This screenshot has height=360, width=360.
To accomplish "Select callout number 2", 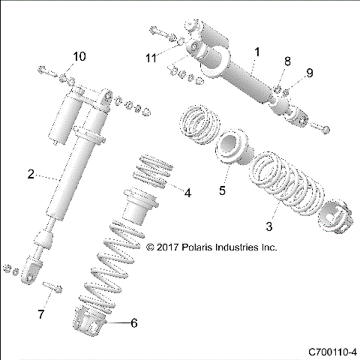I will point(30,175).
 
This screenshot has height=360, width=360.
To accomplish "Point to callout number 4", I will point(187,193).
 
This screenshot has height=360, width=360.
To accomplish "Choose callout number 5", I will point(222,191).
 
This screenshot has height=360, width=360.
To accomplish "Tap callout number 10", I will point(79,57).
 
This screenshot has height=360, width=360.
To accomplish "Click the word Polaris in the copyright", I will point(202,246).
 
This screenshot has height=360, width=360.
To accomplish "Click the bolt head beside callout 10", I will point(43,72).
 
